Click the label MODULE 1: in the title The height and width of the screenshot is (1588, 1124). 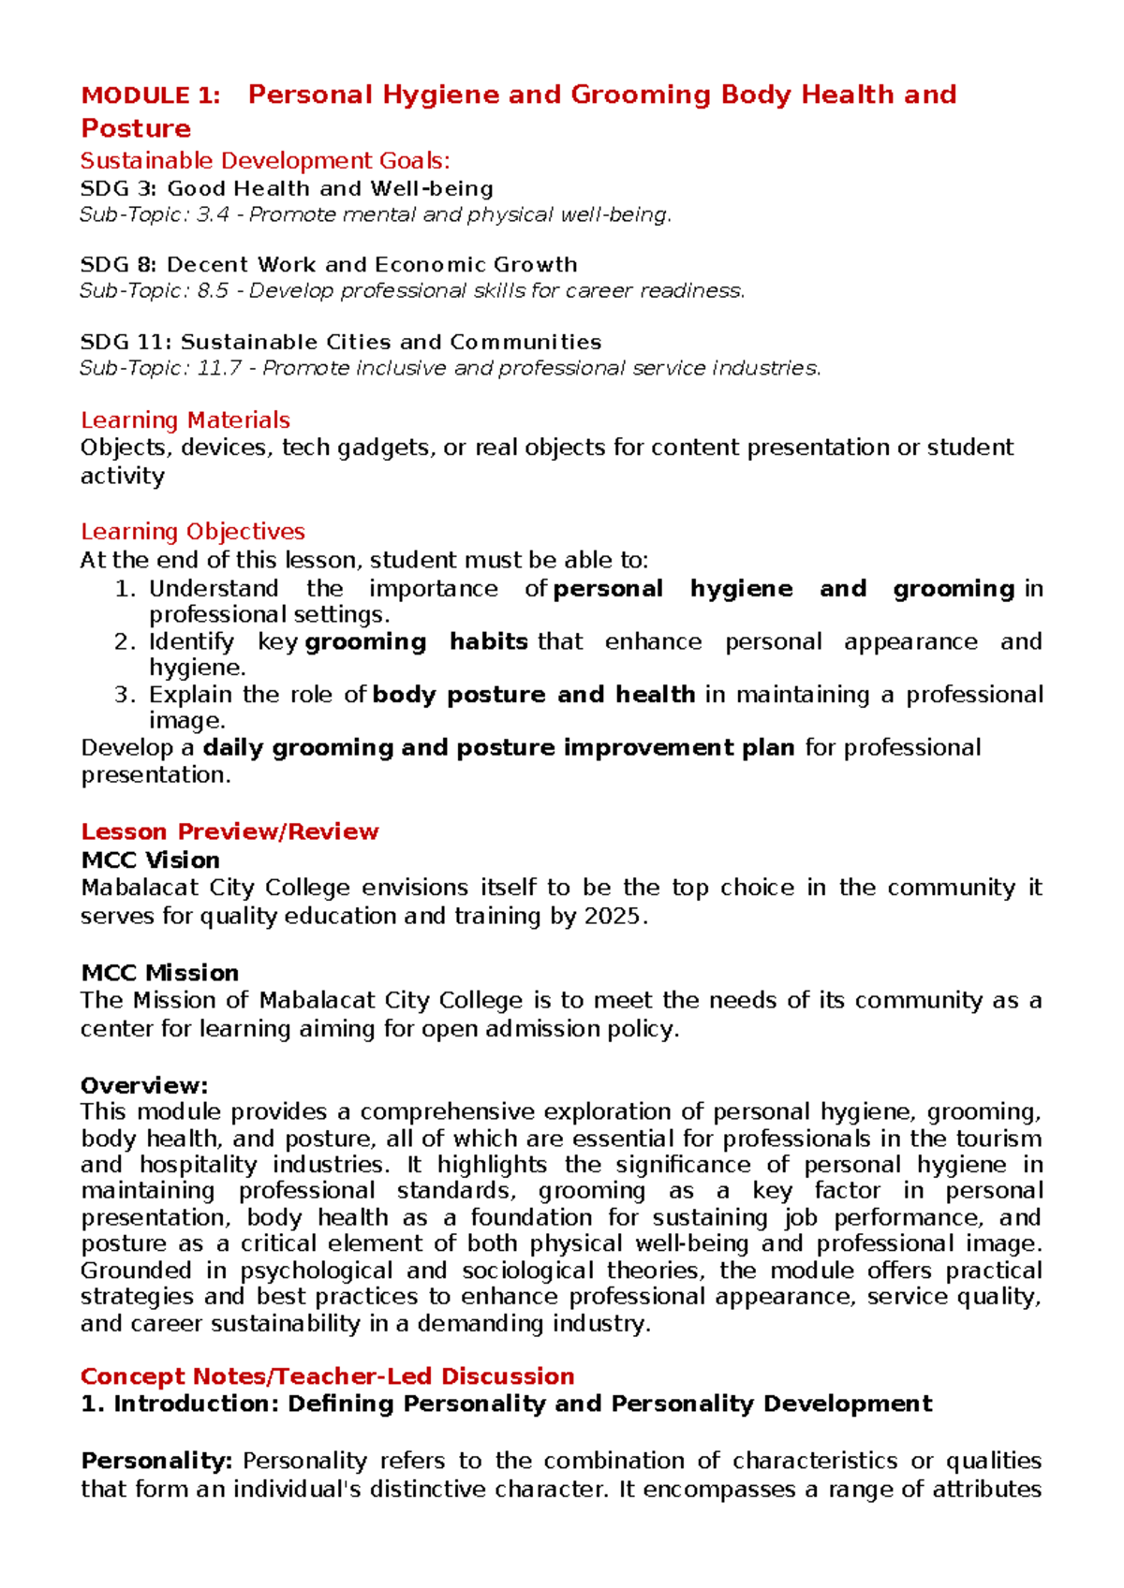tap(151, 96)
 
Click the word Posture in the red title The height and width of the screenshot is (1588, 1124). tap(136, 128)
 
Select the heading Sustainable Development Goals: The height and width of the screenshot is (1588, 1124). tap(265, 161)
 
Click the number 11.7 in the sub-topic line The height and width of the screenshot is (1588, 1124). tap(219, 368)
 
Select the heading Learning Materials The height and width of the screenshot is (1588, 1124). tap(185, 419)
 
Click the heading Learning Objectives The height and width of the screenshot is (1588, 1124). tap(193, 532)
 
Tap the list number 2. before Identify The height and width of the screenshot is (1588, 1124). tap(126, 641)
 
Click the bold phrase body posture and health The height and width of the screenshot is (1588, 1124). tap(534, 695)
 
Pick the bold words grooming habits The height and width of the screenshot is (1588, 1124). tap(417, 641)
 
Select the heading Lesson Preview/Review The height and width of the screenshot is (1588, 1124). tap(229, 831)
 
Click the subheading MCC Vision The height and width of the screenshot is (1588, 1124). tap(150, 860)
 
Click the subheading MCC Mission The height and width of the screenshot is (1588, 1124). tap(159, 973)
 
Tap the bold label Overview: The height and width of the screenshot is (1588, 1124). tap(143, 1086)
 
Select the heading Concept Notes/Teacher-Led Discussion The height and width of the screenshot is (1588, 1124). tap(327, 1376)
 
